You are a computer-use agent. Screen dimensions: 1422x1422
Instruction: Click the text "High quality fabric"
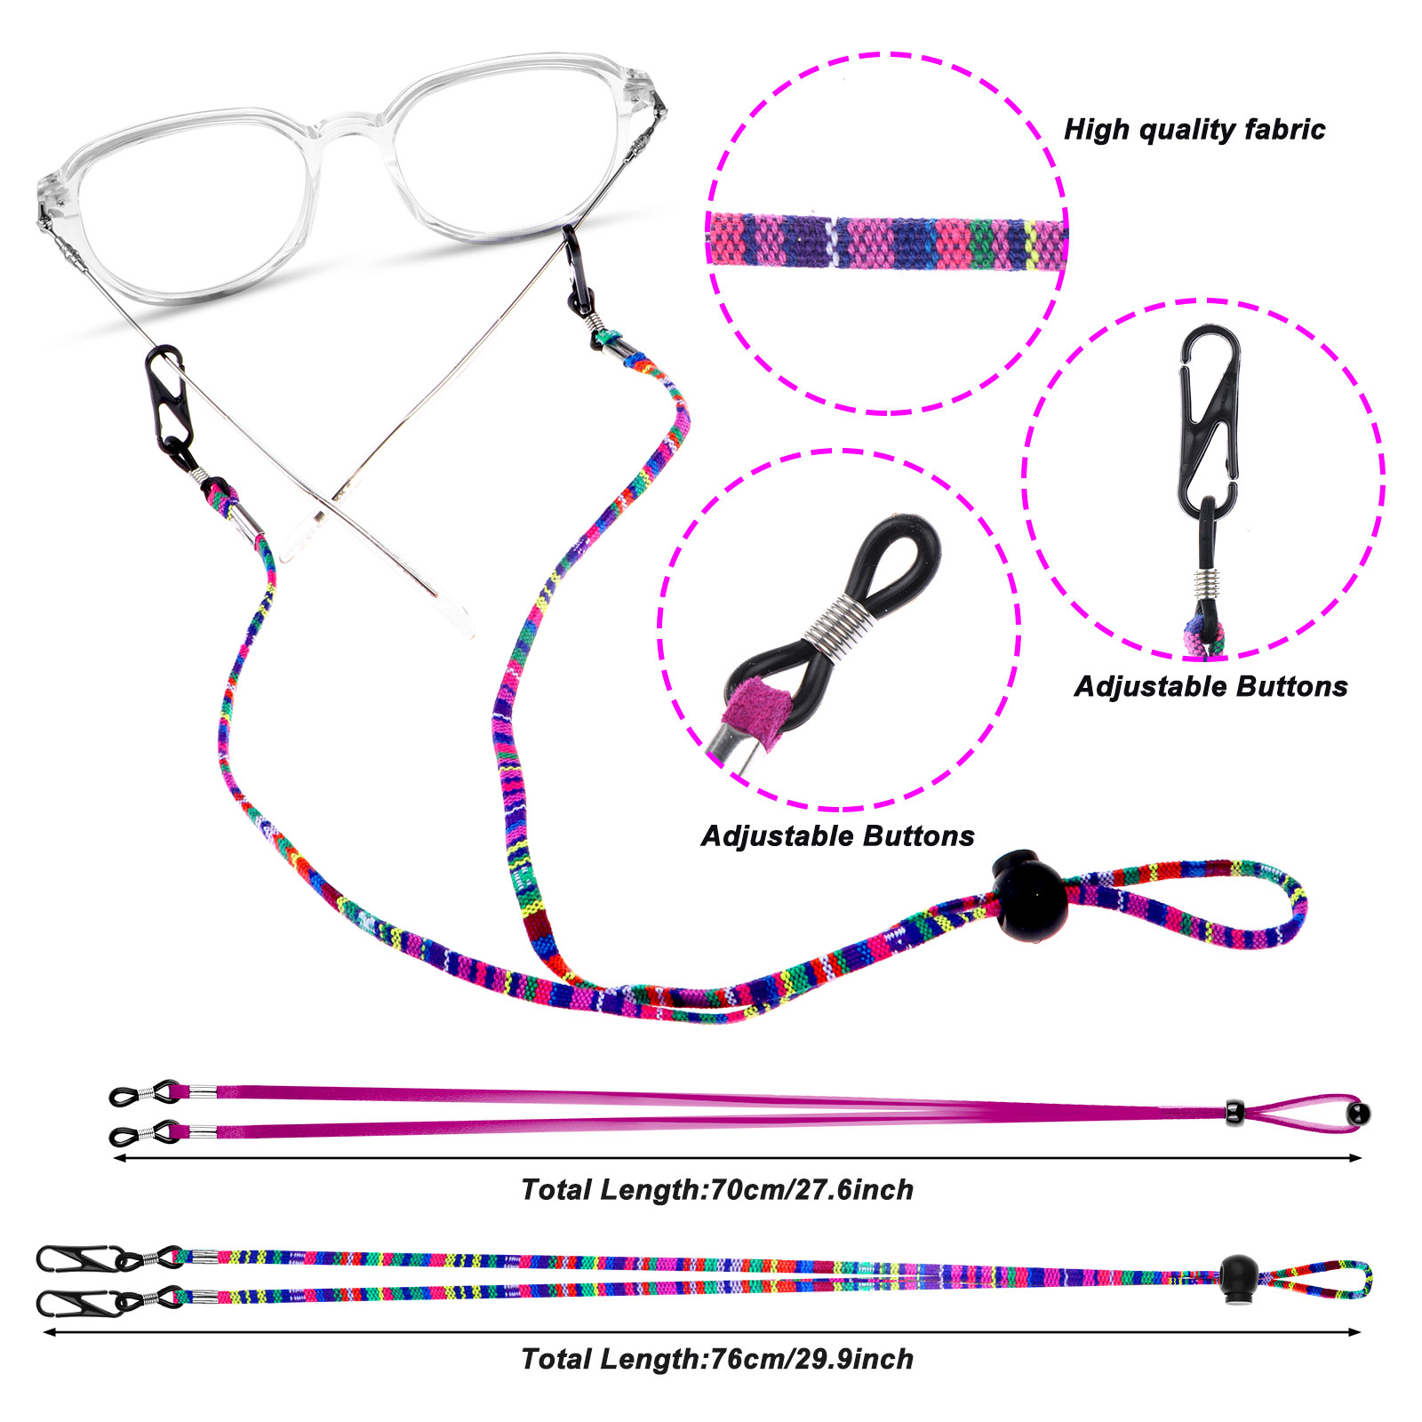pos(1194,130)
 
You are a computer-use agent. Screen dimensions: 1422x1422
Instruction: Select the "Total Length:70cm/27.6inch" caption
pos(716,1189)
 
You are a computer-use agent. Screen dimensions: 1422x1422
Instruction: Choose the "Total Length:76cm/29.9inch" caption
pos(716,1359)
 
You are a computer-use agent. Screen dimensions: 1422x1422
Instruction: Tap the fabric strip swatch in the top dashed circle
pos(887,241)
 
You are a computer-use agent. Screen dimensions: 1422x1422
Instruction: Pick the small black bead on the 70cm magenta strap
pos(1234,1111)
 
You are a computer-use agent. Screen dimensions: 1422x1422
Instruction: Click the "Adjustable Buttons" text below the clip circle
pos(1210,686)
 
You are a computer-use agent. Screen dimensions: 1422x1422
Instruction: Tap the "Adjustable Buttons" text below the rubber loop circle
pos(837,836)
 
